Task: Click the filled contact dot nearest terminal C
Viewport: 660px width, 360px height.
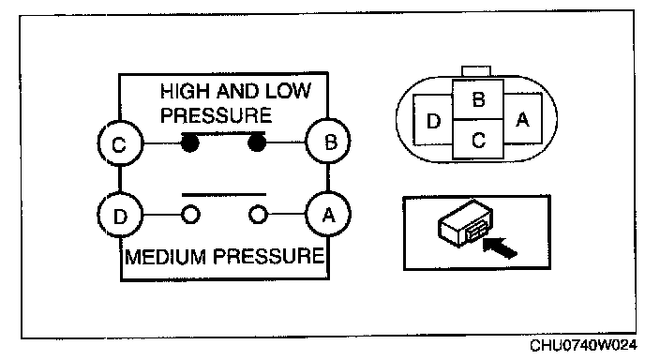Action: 189,143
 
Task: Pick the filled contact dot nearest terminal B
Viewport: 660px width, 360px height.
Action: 257,142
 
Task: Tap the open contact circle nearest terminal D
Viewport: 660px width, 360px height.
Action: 190,215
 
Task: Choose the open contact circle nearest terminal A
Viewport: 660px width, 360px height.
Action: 258,215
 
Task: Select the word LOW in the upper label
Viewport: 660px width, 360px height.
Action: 288,91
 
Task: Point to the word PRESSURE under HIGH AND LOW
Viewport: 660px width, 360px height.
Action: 216,115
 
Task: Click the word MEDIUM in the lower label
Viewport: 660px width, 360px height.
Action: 165,256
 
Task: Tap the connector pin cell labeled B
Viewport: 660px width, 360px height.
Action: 478,99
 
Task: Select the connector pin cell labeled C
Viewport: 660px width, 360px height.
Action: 478,140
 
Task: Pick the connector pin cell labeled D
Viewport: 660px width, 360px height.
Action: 433,120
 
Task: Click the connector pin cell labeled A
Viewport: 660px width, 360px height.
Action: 522,119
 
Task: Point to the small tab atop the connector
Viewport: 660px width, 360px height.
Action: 476,71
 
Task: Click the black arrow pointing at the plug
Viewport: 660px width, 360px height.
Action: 500,247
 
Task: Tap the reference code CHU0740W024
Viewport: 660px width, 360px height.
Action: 583,345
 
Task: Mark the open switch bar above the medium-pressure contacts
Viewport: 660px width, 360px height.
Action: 224,194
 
